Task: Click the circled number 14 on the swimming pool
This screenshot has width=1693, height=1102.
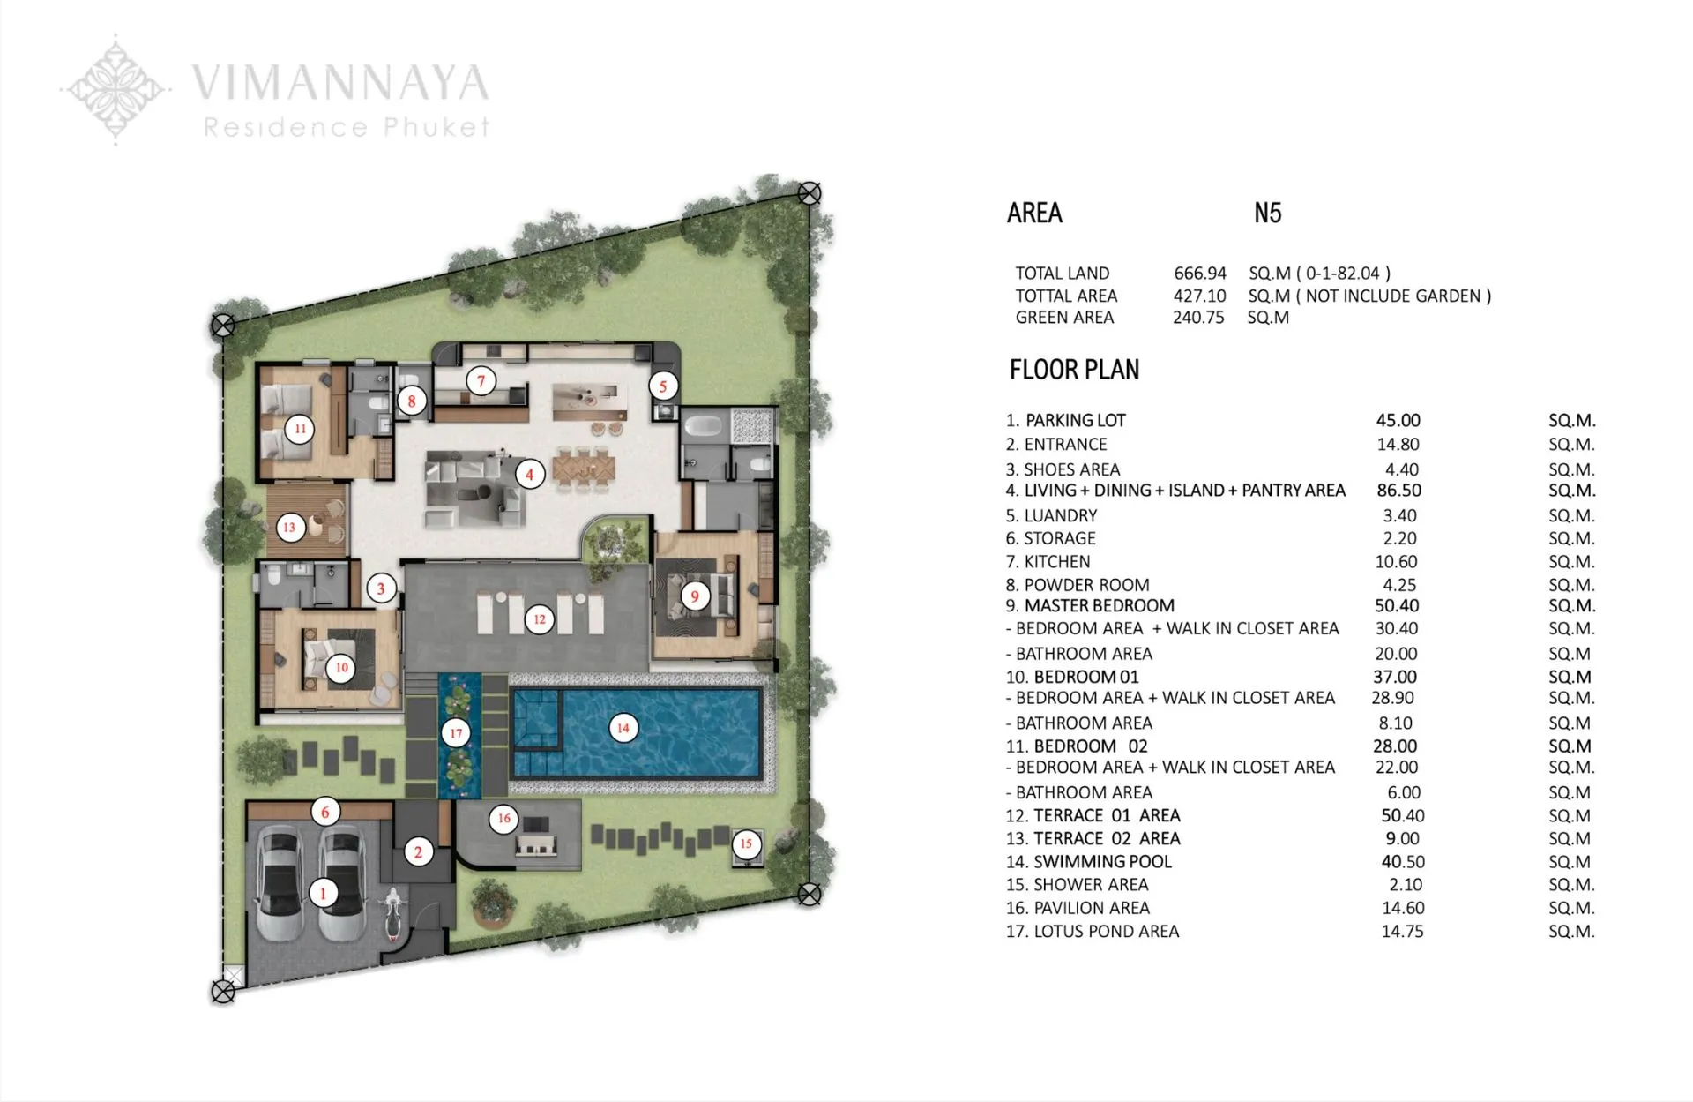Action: pyautogui.click(x=623, y=728)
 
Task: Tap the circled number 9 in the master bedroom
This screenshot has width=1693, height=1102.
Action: pyautogui.click(x=695, y=596)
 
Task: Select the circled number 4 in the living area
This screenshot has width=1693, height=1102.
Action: pyautogui.click(x=530, y=475)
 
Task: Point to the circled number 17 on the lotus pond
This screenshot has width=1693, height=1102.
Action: pyautogui.click(x=456, y=733)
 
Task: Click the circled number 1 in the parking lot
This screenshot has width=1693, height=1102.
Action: pyautogui.click(x=324, y=893)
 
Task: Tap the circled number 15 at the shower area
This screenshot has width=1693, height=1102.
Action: pyautogui.click(x=746, y=843)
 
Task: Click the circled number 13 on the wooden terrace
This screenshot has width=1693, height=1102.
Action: pyautogui.click(x=289, y=528)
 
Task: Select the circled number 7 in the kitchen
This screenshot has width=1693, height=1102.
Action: pyautogui.click(x=481, y=381)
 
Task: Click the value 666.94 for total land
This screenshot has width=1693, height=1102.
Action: pyautogui.click(x=1200, y=274)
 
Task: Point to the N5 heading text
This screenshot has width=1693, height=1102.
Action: pyautogui.click(x=1267, y=214)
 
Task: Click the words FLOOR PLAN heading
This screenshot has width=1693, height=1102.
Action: pyautogui.click(x=1074, y=370)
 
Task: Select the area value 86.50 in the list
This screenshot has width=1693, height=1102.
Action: pyautogui.click(x=1398, y=491)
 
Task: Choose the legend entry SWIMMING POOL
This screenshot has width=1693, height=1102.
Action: pyautogui.click(x=1102, y=862)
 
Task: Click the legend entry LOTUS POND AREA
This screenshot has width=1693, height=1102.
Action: pyautogui.click(x=1106, y=932)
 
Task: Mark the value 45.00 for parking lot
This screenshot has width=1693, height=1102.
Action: pyautogui.click(x=1398, y=421)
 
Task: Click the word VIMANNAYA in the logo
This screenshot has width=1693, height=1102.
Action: pyautogui.click(x=340, y=83)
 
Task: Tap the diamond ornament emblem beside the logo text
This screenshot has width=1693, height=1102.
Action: pyautogui.click(x=116, y=89)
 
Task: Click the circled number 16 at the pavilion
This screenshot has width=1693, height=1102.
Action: pyautogui.click(x=503, y=818)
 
